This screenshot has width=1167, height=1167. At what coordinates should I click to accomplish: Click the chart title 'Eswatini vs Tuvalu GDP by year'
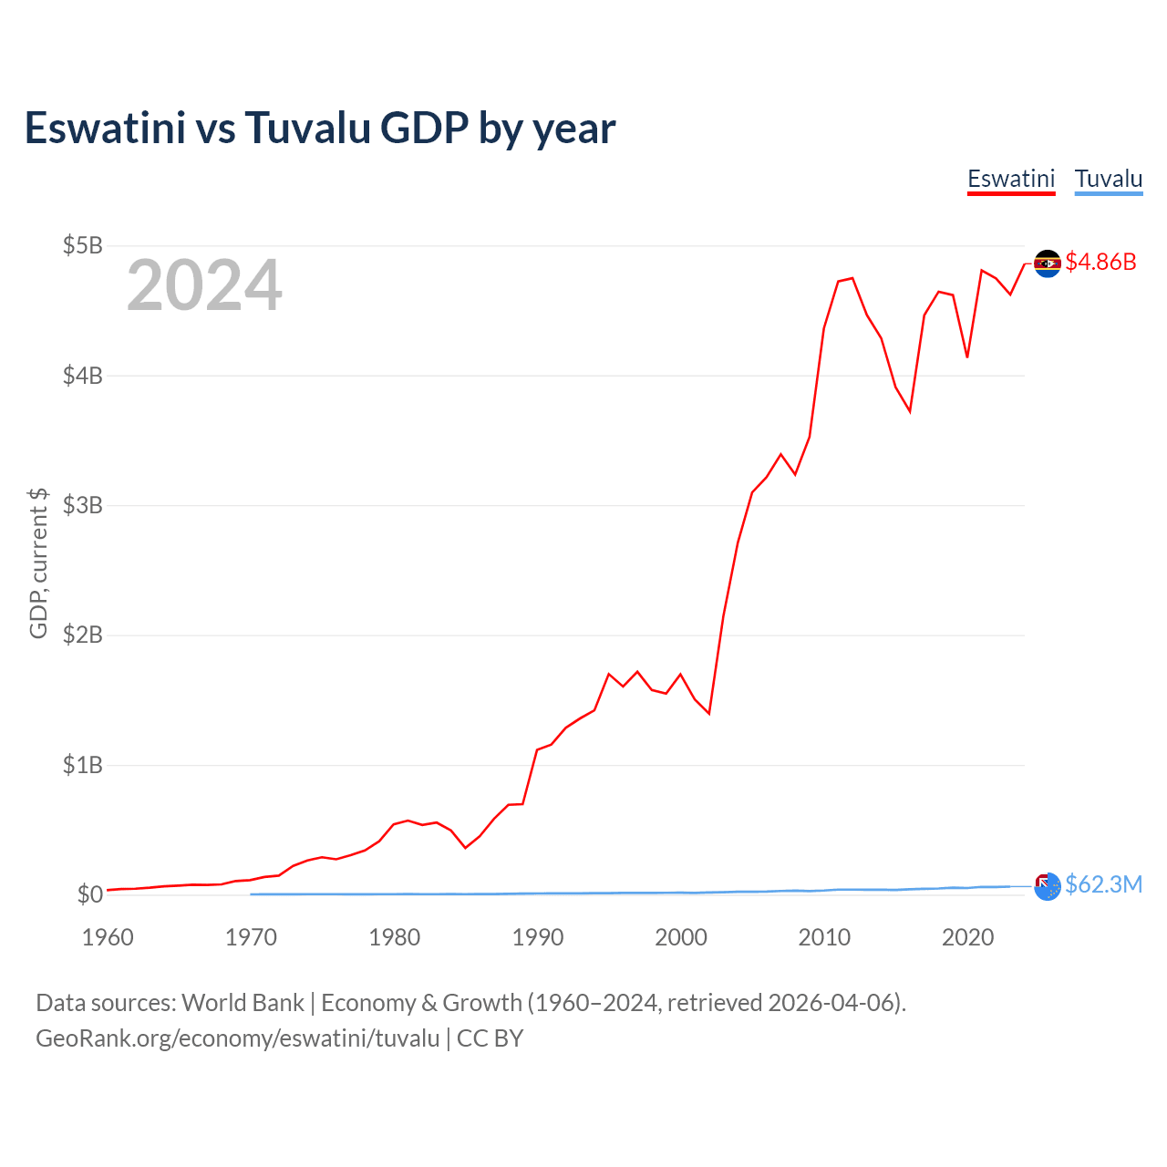(x=320, y=129)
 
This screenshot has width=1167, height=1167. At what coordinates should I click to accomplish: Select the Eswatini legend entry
(x=1011, y=179)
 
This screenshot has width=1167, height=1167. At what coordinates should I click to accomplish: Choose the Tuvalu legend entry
(x=1109, y=179)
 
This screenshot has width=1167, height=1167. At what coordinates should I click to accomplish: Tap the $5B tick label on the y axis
(x=82, y=245)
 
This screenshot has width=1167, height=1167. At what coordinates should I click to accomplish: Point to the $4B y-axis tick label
(x=82, y=375)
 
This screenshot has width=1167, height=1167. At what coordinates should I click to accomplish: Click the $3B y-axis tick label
(x=82, y=505)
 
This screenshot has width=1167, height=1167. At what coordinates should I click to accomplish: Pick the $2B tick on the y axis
(x=82, y=635)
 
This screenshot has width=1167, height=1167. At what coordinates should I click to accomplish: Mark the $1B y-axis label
(x=82, y=765)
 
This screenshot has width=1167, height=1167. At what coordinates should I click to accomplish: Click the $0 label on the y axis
(x=89, y=894)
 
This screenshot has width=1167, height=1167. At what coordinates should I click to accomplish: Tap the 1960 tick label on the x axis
(x=108, y=937)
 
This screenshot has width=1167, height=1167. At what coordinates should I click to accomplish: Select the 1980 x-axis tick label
(x=395, y=937)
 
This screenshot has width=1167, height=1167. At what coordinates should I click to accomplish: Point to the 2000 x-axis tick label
(x=681, y=937)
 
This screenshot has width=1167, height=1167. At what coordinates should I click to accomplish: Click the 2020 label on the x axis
(x=967, y=937)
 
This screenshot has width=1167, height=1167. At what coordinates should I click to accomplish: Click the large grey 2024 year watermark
(x=204, y=286)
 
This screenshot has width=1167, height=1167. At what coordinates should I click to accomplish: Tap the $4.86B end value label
(x=1100, y=263)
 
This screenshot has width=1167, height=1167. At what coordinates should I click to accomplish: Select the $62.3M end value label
(x=1103, y=885)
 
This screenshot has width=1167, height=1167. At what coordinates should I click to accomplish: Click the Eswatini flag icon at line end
(x=1047, y=263)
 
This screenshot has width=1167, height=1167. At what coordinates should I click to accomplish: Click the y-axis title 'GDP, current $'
(x=38, y=563)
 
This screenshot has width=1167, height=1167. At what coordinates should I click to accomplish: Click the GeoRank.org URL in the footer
(x=237, y=1038)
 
